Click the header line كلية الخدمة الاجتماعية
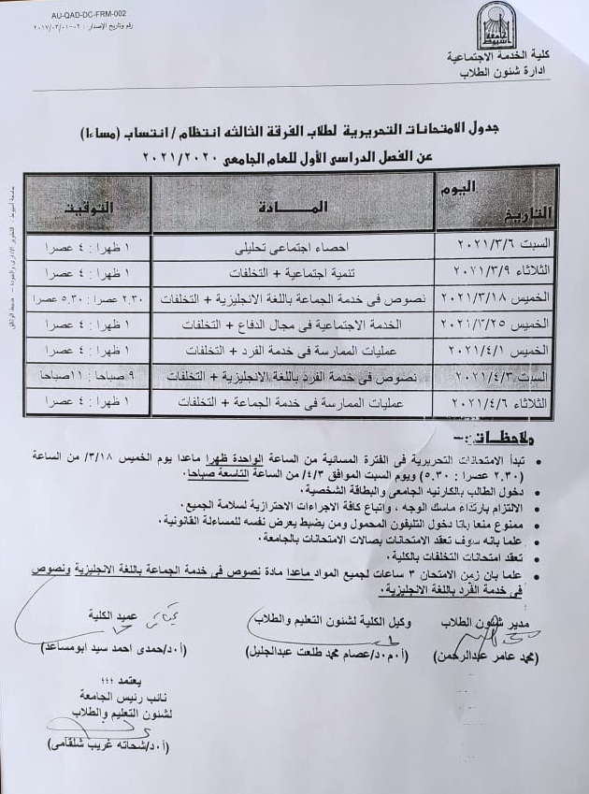[496, 58]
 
